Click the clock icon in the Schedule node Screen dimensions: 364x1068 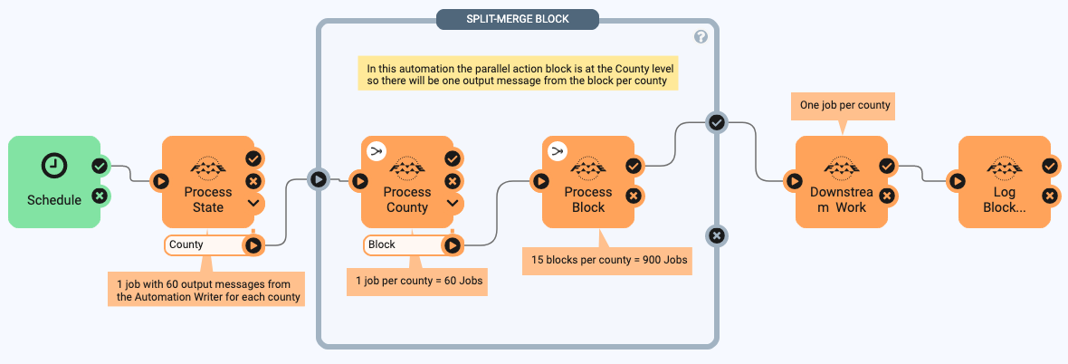54,165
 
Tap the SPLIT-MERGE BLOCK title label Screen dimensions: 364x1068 517,19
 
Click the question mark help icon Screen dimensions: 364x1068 701,36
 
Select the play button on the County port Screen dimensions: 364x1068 253,244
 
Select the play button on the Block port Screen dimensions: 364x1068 452,244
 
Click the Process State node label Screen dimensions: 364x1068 208,199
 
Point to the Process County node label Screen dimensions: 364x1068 407,199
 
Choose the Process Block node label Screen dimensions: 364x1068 588,199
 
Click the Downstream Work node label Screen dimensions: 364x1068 838,199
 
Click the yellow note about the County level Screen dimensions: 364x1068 518,74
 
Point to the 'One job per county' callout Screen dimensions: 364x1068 844,105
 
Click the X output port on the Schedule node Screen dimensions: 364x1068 100,195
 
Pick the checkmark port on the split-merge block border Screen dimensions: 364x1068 717,122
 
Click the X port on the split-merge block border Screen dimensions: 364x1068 717,235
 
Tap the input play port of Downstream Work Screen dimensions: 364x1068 794,181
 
